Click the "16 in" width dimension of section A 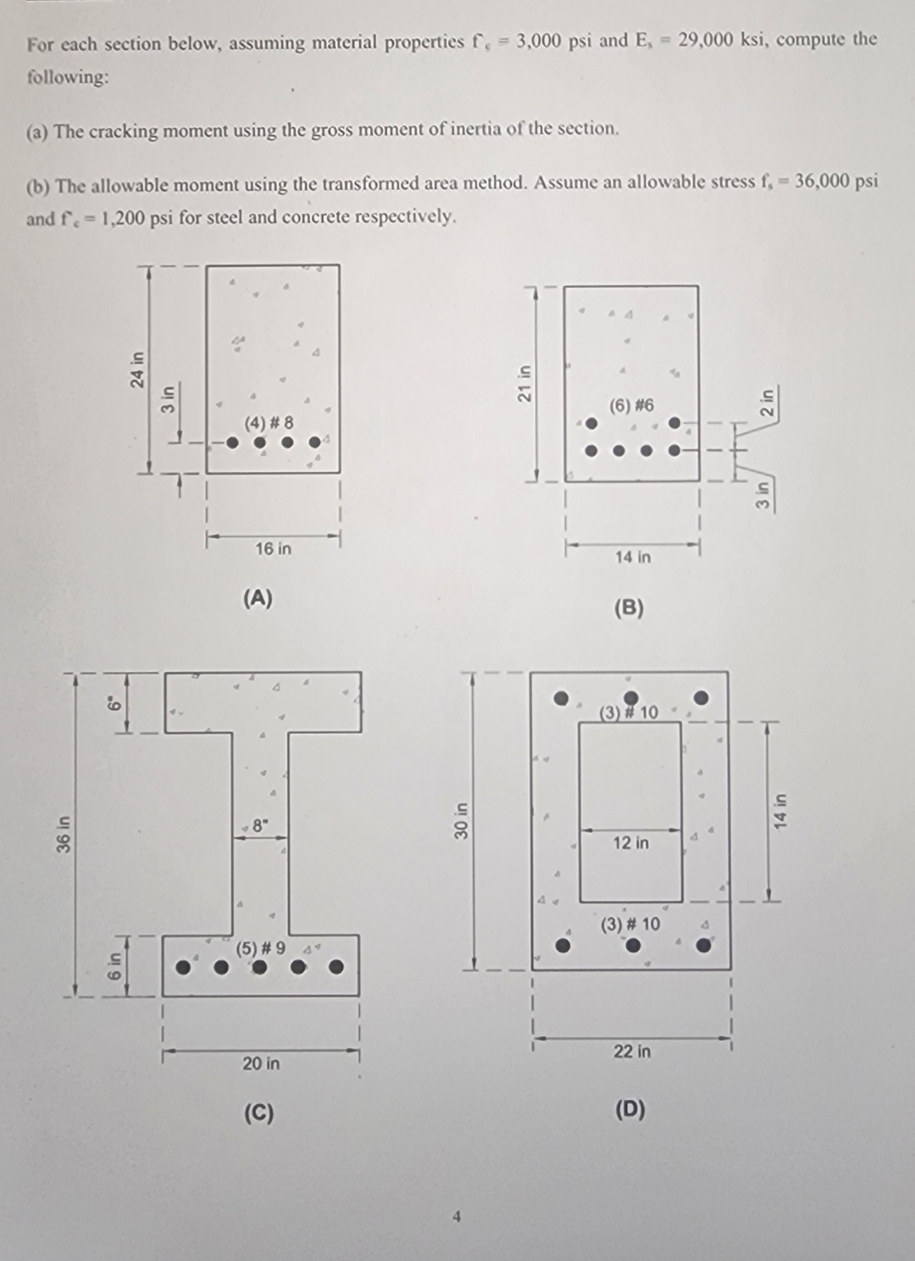(273, 548)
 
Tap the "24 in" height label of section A (136, 369)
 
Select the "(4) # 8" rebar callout (269, 422)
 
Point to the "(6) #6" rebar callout (632, 405)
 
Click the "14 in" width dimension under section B (633, 557)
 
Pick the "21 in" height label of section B (524, 383)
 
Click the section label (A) (258, 598)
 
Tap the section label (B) (629, 608)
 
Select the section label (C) (258, 1113)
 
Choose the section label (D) (629, 1109)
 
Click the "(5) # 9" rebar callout (261, 947)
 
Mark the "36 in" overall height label (63, 834)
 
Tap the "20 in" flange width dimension (261, 1063)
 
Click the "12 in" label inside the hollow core (631, 842)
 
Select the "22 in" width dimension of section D (632, 1051)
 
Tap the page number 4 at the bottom (457, 1217)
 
